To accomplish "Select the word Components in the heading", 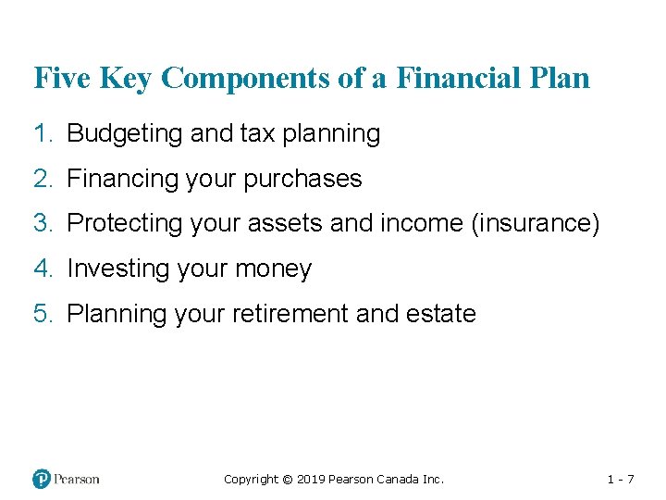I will click(237, 78).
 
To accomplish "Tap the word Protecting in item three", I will click(125, 223).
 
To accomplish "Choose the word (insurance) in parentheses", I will click(536, 223).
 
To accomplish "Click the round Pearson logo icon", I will click(42, 479).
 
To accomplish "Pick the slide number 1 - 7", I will click(620, 480).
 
